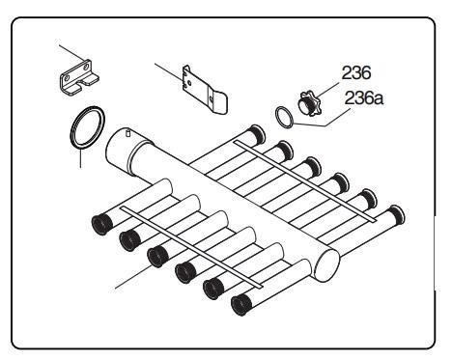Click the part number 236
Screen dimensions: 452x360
pos(356,73)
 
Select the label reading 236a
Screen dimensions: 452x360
pos(364,98)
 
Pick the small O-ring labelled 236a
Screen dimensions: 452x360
pos(285,117)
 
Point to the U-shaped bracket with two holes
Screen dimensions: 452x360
pos(79,78)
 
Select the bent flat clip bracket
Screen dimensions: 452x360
pos(205,91)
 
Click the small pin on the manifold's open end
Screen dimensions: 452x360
pos(127,132)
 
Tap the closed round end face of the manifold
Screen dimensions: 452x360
pos(327,265)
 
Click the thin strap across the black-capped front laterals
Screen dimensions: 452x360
pos(191,247)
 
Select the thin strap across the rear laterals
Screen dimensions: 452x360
pos(305,181)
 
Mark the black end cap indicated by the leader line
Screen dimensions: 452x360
pos(157,257)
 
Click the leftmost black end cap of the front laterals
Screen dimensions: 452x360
pos(102,224)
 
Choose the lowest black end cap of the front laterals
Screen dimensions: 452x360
pos(241,305)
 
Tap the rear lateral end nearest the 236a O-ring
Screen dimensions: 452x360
pos(258,133)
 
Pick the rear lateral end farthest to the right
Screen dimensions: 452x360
pos(396,214)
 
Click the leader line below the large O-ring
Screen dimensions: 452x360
pos(80,158)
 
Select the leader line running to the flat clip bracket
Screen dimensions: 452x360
pos(168,71)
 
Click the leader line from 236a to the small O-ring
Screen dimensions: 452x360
pos(322,124)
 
